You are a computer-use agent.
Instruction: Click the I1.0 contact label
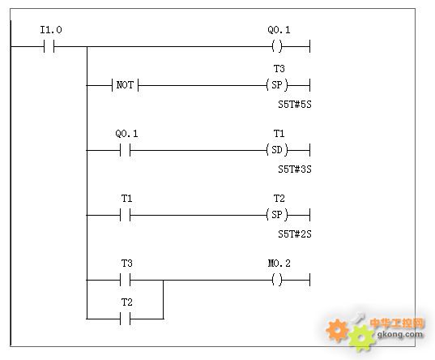(51, 30)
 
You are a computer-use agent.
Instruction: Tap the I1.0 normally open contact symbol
(49, 46)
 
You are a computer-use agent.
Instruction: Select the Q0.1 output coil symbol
(277, 46)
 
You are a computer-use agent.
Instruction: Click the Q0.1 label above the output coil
(279, 30)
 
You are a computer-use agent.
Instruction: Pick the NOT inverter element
(125, 84)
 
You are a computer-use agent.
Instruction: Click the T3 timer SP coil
(277, 84)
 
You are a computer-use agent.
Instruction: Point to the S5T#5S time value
(295, 105)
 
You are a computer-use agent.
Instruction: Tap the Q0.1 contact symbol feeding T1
(125, 150)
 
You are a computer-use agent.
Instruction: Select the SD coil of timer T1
(277, 150)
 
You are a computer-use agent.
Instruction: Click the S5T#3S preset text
(295, 169)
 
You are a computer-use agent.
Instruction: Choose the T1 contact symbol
(125, 215)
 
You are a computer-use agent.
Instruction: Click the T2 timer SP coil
(277, 215)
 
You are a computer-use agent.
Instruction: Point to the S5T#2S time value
(295, 234)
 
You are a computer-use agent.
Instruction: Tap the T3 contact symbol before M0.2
(125, 280)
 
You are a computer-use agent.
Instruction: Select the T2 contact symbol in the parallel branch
(125, 319)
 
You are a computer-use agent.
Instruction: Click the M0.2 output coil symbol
(277, 280)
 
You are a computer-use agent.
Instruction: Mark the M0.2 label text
(279, 264)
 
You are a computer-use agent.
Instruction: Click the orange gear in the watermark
(337, 330)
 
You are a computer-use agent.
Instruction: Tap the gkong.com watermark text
(400, 334)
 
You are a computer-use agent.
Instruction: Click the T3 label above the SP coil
(279, 69)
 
